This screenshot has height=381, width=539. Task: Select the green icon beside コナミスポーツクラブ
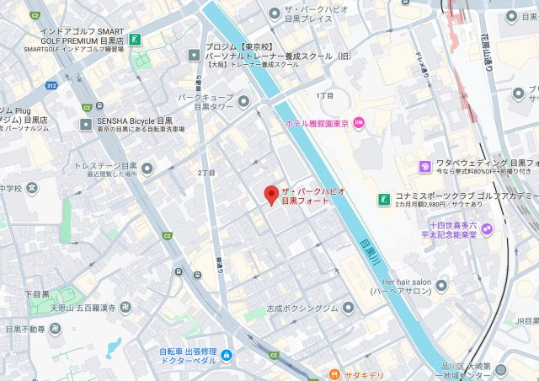pos(383,199)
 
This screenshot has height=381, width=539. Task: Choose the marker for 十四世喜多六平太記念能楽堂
pos(487,228)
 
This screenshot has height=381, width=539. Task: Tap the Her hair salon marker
pos(441,285)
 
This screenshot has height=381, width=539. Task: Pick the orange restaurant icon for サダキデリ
pos(334,373)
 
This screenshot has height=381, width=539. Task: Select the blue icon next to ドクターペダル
pos(226,357)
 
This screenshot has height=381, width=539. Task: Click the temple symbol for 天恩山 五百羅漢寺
pos(125,305)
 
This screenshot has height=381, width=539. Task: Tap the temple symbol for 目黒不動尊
pos(55,329)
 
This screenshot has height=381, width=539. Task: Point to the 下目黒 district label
pos(37,293)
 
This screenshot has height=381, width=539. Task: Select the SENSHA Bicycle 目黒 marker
pos(85,124)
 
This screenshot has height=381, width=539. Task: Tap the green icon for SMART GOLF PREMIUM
pos(135,39)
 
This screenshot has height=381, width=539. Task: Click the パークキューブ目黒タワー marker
pos(243,102)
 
